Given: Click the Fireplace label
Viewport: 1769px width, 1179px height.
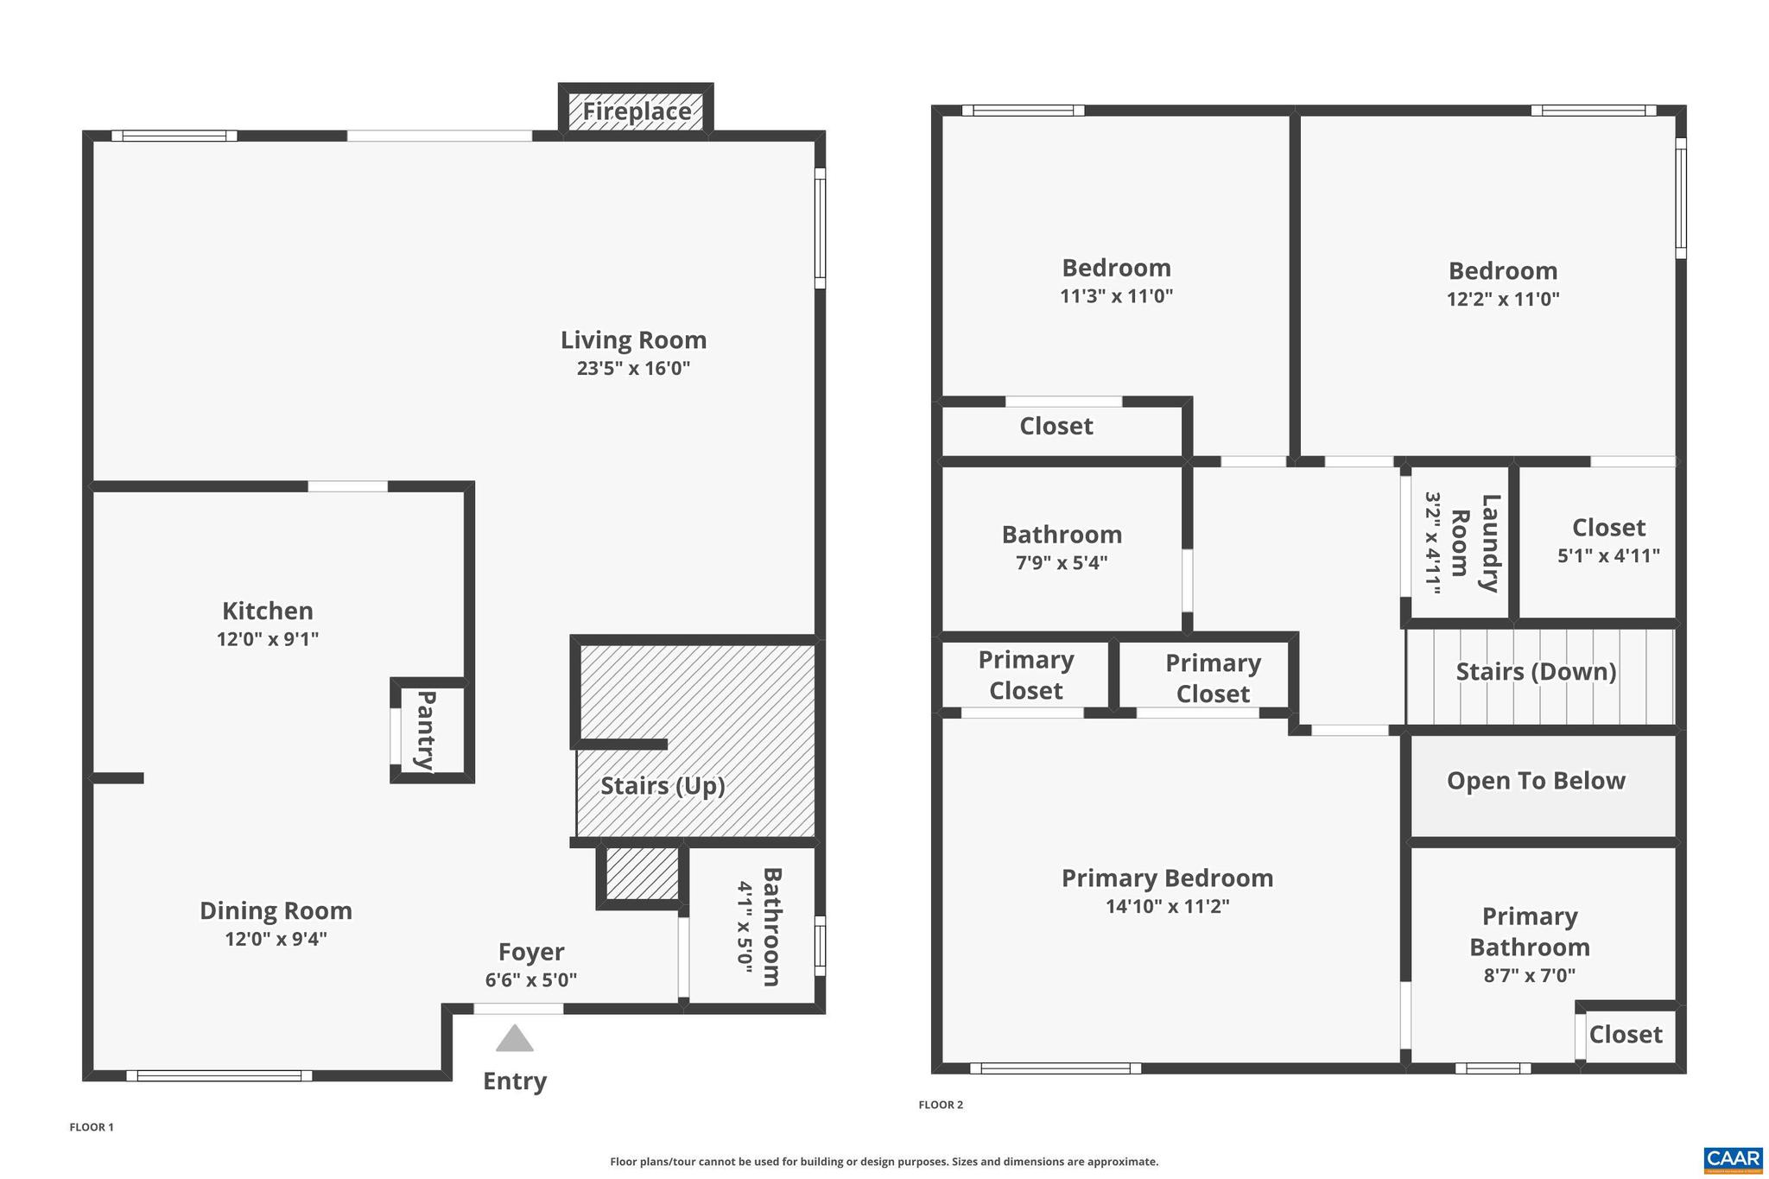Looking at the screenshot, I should pyautogui.click(x=637, y=111).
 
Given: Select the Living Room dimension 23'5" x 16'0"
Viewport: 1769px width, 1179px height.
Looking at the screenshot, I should pyautogui.click(x=633, y=369).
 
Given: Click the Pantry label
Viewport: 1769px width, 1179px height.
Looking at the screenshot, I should pyautogui.click(x=426, y=730).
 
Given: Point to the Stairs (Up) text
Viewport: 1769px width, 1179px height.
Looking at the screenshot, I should pyautogui.click(x=663, y=786).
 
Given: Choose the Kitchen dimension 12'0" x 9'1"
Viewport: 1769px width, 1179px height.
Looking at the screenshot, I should pyautogui.click(x=268, y=639).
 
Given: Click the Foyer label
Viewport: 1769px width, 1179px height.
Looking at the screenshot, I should pyautogui.click(x=531, y=952).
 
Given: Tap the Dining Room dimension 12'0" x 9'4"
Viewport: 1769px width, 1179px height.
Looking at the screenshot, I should pyautogui.click(x=276, y=939).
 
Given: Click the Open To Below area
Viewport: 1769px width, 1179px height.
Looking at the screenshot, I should pyautogui.click(x=1536, y=781).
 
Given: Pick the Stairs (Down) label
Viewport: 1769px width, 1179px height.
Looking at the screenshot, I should pyautogui.click(x=1536, y=672).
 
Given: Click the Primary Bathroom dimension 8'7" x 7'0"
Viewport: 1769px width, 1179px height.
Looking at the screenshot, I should pyautogui.click(x=1529, y=976).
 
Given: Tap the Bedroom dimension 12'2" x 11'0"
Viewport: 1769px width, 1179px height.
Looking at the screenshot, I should pyautogui.click(x=1503, y=300).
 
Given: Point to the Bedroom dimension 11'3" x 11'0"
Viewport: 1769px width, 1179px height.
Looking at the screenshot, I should pyautogui.click(x=1116, y=296).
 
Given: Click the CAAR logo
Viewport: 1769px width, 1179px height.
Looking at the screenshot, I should pyautogui.click(x=1733, y=1159).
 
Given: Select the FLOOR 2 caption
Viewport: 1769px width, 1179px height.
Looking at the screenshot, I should pyautogui.click(x=941, y=1105).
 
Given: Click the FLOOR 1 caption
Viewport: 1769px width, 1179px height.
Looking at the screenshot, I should pyautogui.click(x=92, y=1127).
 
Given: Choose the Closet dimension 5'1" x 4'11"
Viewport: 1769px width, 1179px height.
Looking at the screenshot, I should pyautogui.click(x=1608, y=556).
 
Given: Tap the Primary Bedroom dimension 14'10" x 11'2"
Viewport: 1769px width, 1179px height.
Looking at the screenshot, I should pyautogui.click(x=1167, y=907).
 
